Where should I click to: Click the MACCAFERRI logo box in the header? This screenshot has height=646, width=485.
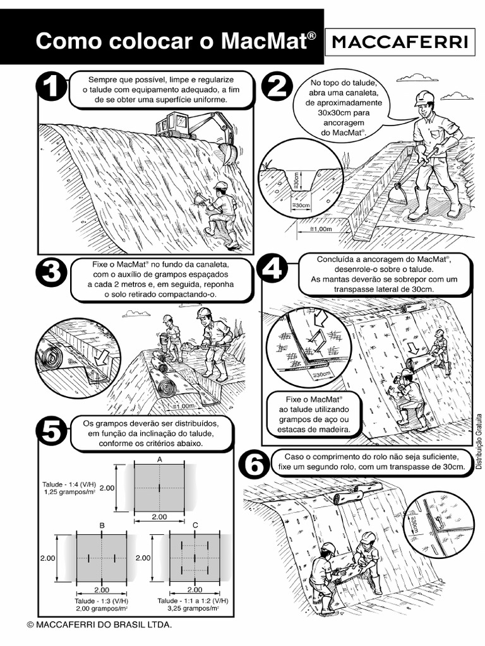400,42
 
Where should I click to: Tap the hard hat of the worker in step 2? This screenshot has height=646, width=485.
424,97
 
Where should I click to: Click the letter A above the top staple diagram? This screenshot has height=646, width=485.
160,459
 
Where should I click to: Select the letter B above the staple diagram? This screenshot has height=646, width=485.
102,525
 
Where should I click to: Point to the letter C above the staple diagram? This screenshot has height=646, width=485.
195,525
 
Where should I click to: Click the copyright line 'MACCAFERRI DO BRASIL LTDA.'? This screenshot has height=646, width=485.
100,625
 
